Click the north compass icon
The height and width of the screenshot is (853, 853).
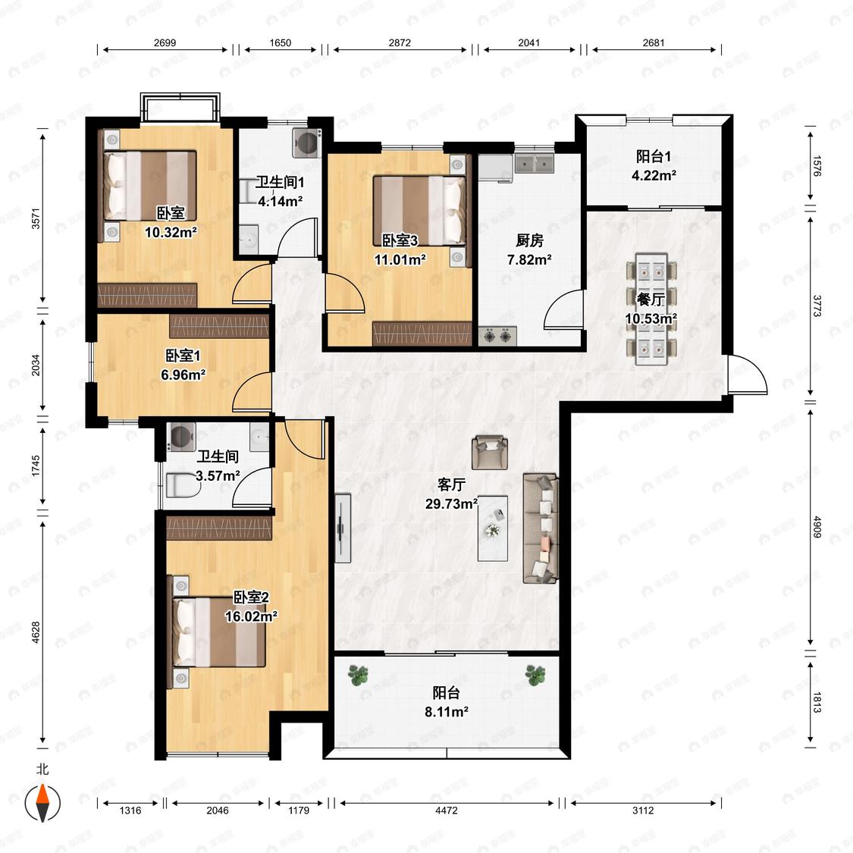[42, 802]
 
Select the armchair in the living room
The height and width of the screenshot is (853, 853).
[490, 452]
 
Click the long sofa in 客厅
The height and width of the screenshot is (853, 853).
[540, 528]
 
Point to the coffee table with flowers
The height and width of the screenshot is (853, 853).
[493, 528]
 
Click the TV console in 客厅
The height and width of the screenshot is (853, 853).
[343, 528]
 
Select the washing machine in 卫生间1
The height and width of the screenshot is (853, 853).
[307, 143]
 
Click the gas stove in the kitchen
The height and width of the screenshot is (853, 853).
[497, 336]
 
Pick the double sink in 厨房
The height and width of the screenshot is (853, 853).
[535, 163]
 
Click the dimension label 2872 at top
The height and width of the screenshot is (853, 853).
[400, 42]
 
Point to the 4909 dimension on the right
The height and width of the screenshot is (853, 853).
[817, 527]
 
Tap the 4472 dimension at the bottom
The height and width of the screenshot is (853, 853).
[446, 810]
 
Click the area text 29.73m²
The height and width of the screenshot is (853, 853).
[452, 503]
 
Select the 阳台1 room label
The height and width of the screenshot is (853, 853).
[654, 157]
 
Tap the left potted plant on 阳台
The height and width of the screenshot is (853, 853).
[359, 675]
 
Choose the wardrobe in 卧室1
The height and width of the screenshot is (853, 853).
[219, 326]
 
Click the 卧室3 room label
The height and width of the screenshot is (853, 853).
[400, 240]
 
